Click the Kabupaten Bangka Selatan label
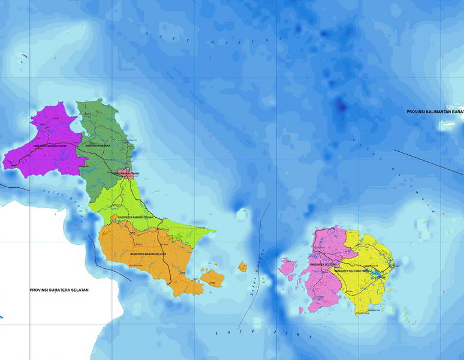(x=147, y=254)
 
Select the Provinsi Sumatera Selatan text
(x=59, y=290)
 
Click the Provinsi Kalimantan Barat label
(x=435, y=112)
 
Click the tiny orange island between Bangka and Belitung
(x=243, y=266)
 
